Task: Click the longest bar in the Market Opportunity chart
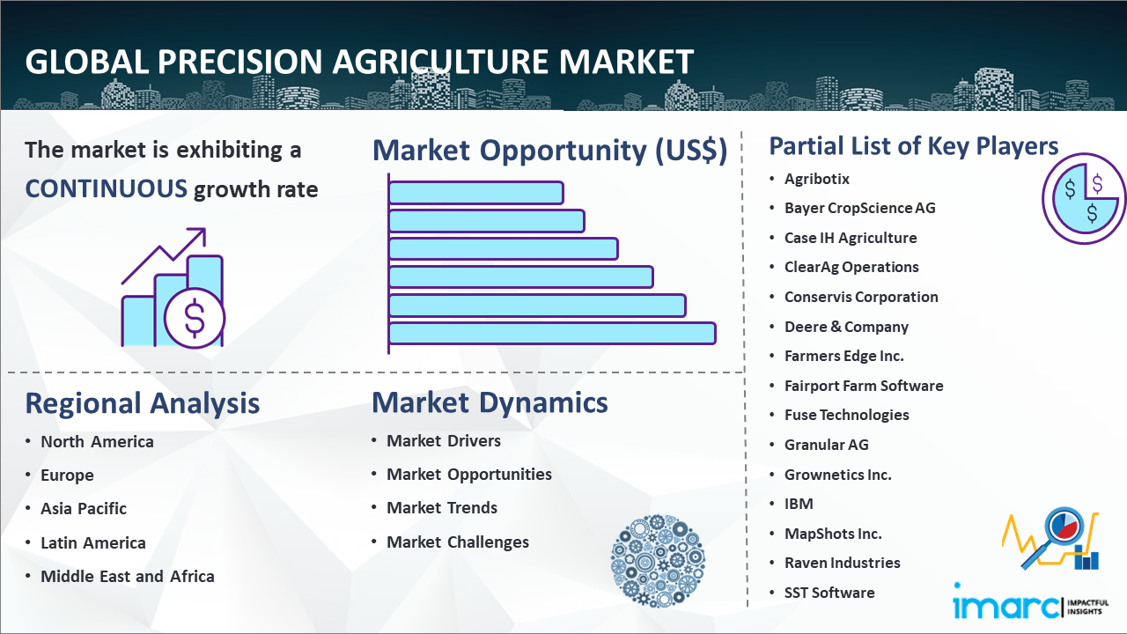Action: click(552, 334)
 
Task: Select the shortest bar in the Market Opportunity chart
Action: click(476, 193)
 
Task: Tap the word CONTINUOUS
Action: click(107, 189)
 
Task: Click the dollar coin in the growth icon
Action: click(195, 318)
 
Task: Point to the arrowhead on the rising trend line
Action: click(199, 234)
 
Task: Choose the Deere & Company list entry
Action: click(846, 327)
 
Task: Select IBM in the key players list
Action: click(799, 504)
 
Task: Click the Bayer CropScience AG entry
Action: click(860, 208)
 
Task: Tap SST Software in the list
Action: click(829, 593)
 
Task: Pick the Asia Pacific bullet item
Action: click(84, 509)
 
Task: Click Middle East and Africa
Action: click(128, 576)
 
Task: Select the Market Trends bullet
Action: click(442, 508)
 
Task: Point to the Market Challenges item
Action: click(457, 542)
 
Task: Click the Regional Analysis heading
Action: click(143, 403)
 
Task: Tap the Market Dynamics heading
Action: click(490, 402)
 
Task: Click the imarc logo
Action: click(1030, 601)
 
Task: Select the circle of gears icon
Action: click(658, 561)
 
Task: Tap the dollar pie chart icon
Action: click(1083, 198)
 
